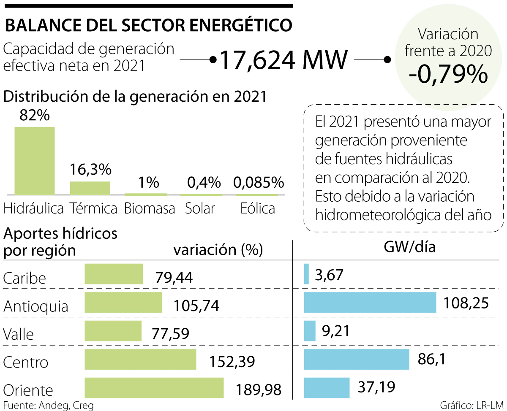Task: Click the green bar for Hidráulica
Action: (x=35, y=161)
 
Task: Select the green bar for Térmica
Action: (x=90, y=188)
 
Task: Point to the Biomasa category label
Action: (x=150, y=208)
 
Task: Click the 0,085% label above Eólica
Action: (x=259, y=183)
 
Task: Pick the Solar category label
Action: (x=200, y=208)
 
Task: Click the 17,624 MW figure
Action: (x=283, y=60)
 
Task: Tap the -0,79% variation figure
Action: (x=448, y=75)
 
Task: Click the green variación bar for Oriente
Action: (x=154, y=388)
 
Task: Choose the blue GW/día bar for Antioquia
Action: (x=370, y=303)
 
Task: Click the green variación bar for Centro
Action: (x=140, y=360)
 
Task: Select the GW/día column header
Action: (x=409, y=247)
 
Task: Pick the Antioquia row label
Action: (x=35, y=306)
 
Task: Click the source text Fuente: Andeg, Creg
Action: (x=48, y=405)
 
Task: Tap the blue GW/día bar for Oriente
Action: (x=327, y=388)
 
